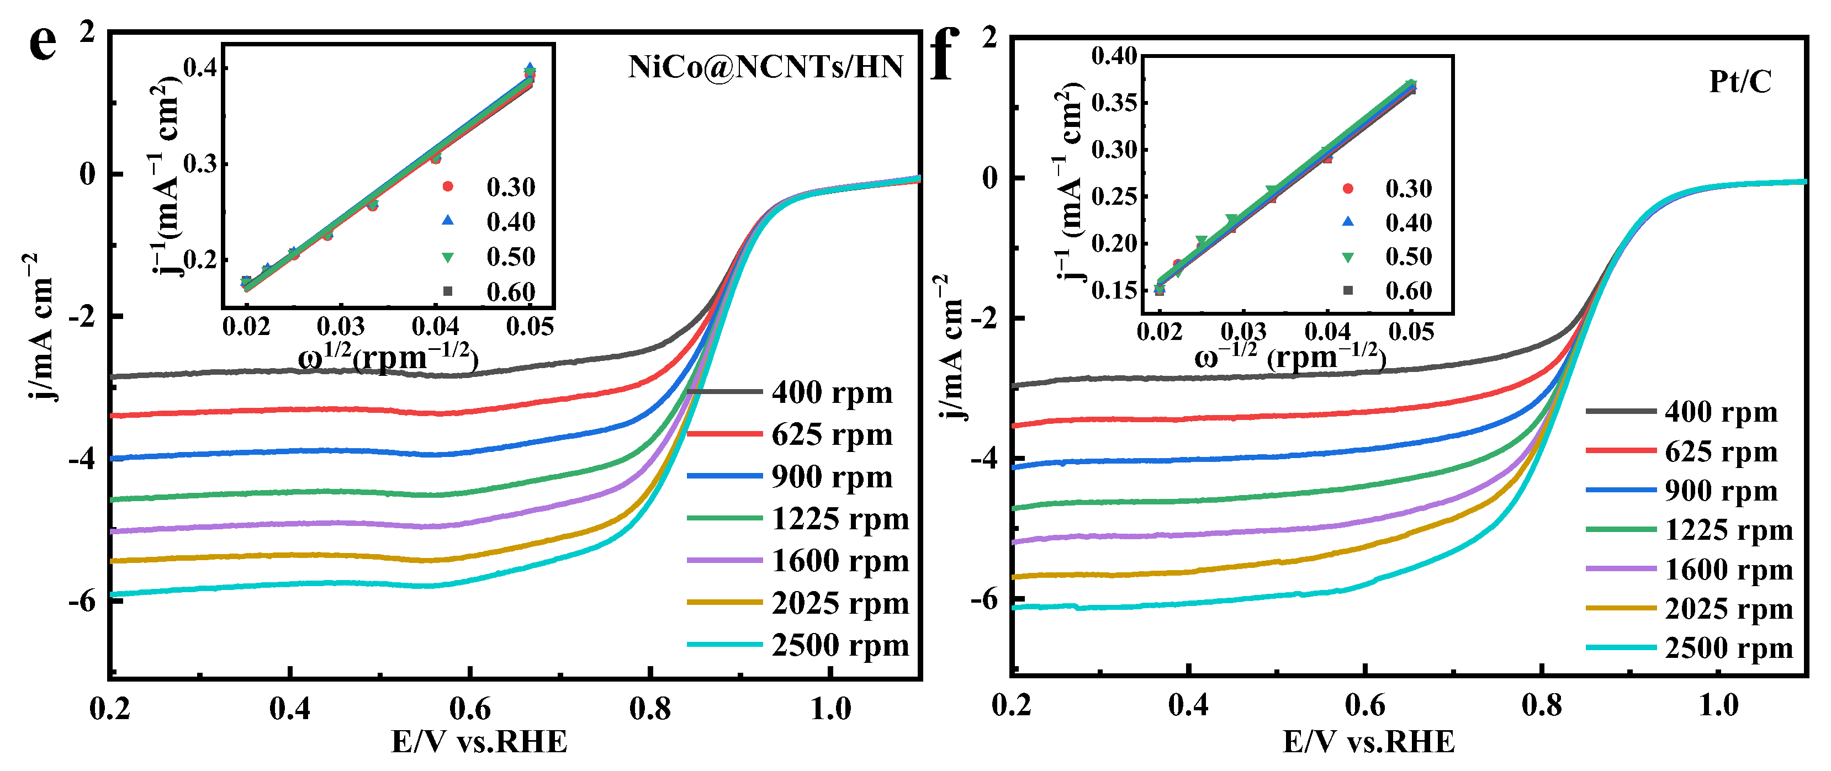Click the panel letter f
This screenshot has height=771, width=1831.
click(x=945, y=55)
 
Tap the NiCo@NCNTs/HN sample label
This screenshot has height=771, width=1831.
click(x=765, y=67)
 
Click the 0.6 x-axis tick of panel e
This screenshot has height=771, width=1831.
click(x=470, y=709)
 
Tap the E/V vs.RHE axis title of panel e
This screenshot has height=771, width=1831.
click(x=479, y=742)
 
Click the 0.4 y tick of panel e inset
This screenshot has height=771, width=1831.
click(x=200, y=68)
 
